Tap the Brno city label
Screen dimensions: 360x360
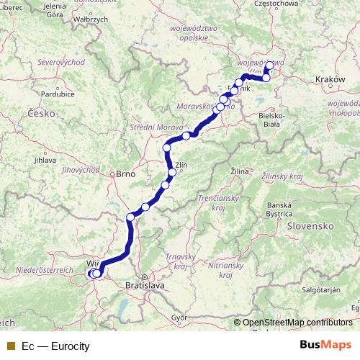pyautogui.click(x=126, y=174)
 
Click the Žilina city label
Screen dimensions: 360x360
pyautogui.click(x=240, y=173)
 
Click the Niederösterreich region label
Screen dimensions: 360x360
pyautogui.click(x=44, y=269)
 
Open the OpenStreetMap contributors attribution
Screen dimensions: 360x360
pyautogui.click(x=298, y=323)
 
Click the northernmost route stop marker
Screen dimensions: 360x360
pyautogui.click(x=269, y=66)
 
